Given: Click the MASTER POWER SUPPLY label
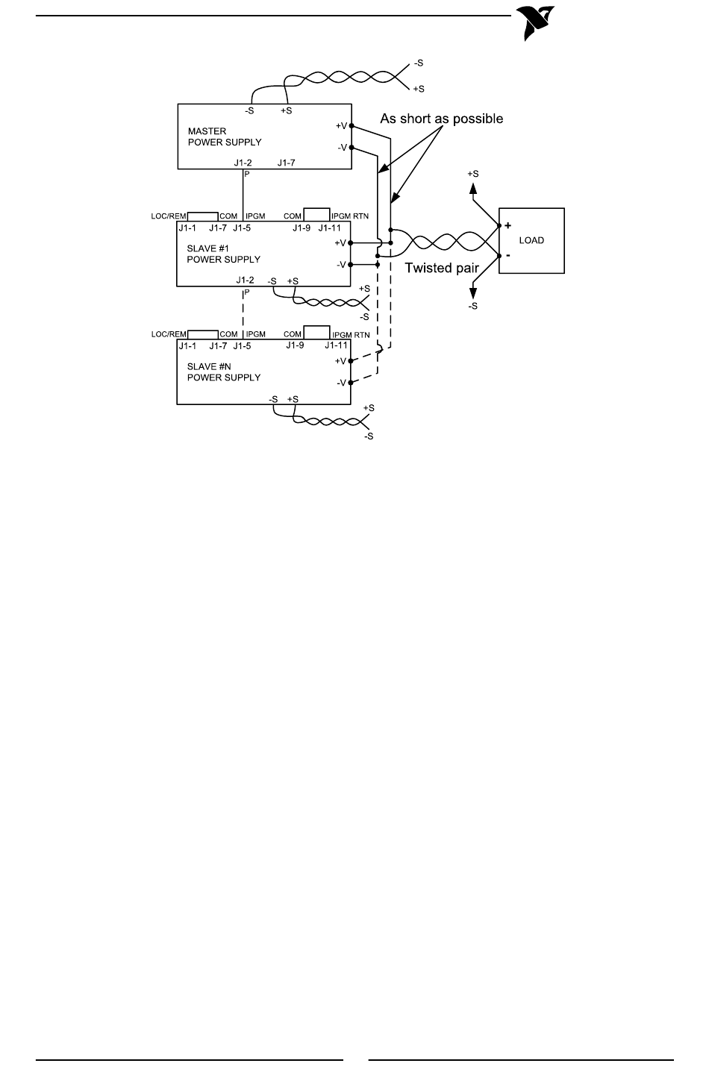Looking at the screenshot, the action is pos(225,137).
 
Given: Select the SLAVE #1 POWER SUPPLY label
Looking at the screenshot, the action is pos(224,254).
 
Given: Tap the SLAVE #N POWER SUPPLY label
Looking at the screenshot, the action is pos(224,372).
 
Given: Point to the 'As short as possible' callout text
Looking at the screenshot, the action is pos(442,119).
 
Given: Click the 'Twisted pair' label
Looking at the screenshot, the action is pos(442,268).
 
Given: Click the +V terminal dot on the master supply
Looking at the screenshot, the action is pos(352,126).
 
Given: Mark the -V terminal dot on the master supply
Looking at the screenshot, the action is pos(352,147).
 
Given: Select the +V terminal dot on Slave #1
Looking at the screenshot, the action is pos(351,243).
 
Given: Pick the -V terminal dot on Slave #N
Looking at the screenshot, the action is pos(351,383).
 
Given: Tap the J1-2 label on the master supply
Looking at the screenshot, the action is pos(243,163).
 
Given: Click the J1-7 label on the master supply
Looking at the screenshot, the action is pos(286,163).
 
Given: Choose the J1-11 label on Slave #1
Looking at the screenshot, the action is pos(329,228).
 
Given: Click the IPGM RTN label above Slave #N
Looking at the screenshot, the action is pos(351,334).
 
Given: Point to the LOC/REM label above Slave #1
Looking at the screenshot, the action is pos(169,216).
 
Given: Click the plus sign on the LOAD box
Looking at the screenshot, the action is pos(508,225).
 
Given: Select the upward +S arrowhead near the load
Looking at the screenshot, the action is pos(473,189).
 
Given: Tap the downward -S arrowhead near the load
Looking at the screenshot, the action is pos(473,292).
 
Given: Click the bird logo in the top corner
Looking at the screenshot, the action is pos(535,23).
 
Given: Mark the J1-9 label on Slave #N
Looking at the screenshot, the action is pos(295,345).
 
